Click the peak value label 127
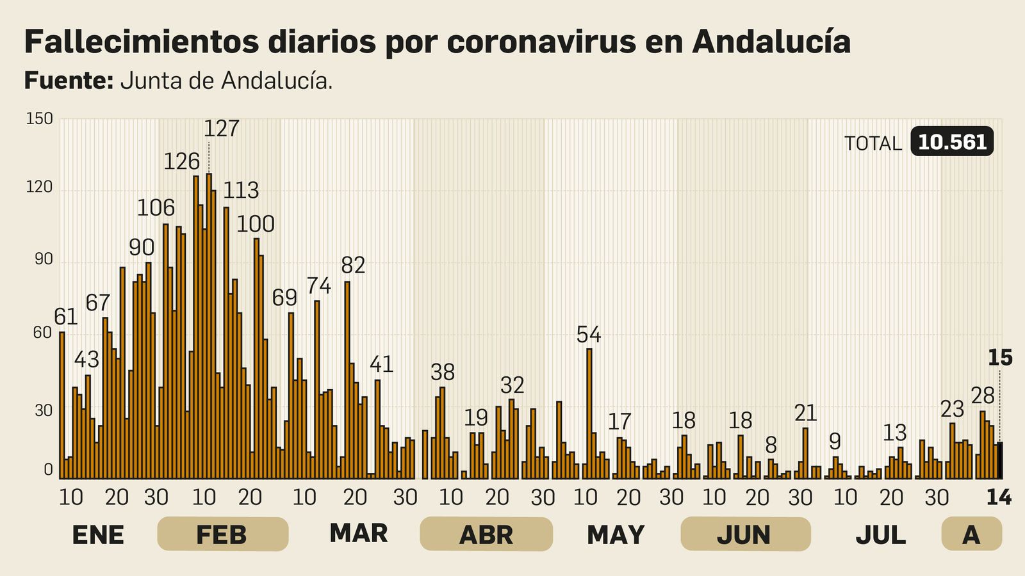222,129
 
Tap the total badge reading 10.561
952,142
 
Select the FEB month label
222,534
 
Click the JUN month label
744,534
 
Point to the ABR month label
486,534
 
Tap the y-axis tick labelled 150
39,119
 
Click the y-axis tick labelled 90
43,260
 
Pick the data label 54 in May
589,334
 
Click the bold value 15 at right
999,358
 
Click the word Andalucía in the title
771,42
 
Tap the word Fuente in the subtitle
68,81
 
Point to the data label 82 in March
353,265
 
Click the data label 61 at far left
65,317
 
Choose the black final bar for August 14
999,461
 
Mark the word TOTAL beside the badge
873,143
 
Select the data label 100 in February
256,224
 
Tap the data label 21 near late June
806,413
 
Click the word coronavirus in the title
541,42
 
